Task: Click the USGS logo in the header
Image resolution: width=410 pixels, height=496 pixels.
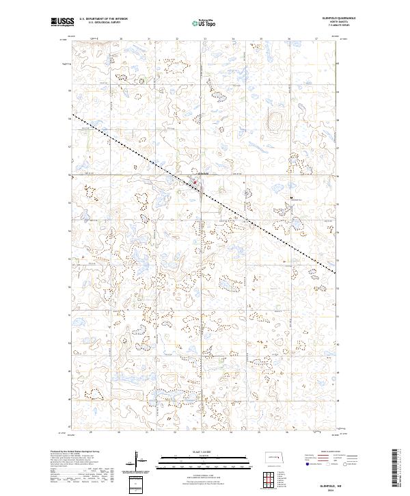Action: pyautogui.click(x=62, y=22)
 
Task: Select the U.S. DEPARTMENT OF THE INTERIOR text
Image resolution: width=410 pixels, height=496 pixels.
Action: pyautogui.click(x=103, y=19)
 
